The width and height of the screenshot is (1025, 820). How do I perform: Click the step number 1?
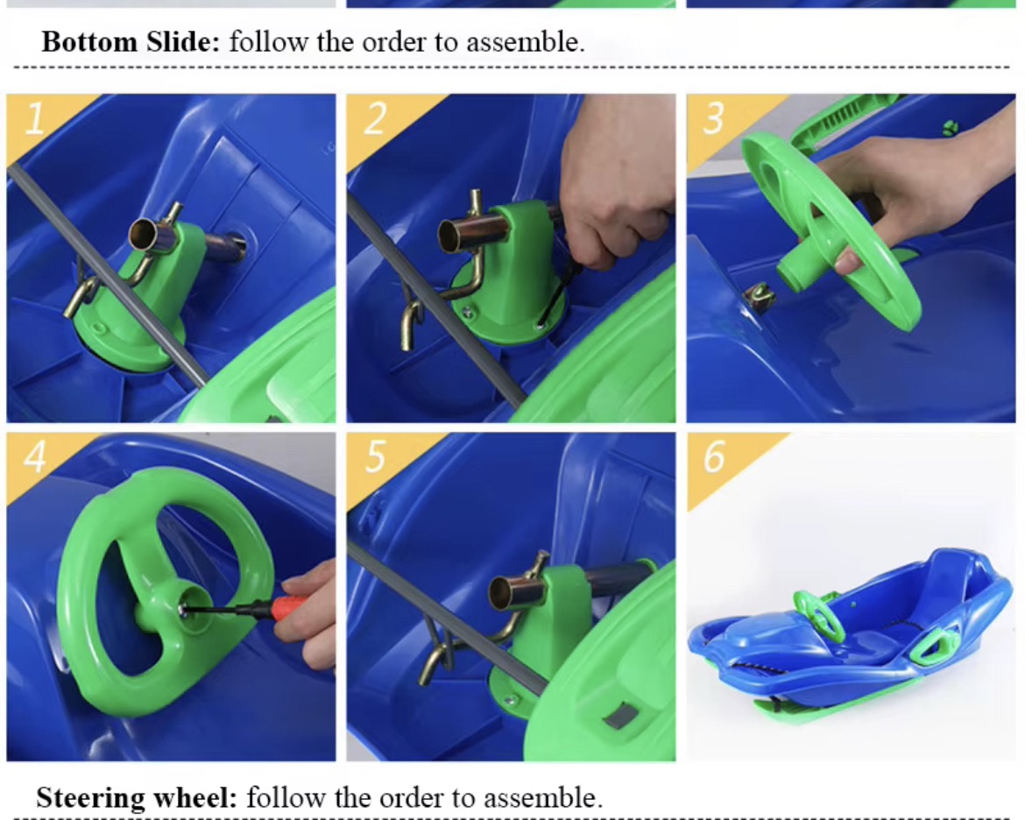34,118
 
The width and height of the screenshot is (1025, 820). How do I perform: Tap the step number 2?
375,118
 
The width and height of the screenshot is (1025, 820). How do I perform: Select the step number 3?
713,118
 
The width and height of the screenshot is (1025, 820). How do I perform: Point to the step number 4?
35,456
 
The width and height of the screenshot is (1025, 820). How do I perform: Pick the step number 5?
375,456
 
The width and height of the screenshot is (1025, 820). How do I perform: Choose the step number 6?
714,456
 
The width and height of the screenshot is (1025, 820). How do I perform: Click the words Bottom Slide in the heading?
131,43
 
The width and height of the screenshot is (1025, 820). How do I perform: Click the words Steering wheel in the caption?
136,798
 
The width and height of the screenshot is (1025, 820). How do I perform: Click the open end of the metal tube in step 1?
143,234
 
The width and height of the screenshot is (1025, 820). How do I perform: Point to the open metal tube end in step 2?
450,236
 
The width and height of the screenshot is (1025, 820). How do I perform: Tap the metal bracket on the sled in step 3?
760,298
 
